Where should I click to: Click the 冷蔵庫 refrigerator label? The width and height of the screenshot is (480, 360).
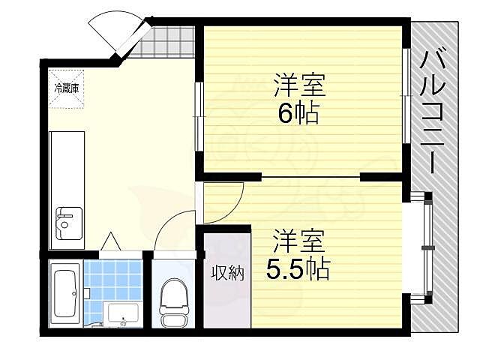67,88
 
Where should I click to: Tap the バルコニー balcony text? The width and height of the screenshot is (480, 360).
433,113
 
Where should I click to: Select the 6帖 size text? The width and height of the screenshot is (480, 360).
298,113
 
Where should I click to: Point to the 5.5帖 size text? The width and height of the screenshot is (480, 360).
298,268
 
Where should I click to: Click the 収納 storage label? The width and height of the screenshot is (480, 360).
226,273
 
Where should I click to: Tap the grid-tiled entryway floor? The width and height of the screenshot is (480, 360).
169,41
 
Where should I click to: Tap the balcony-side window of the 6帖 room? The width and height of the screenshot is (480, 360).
406,98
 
